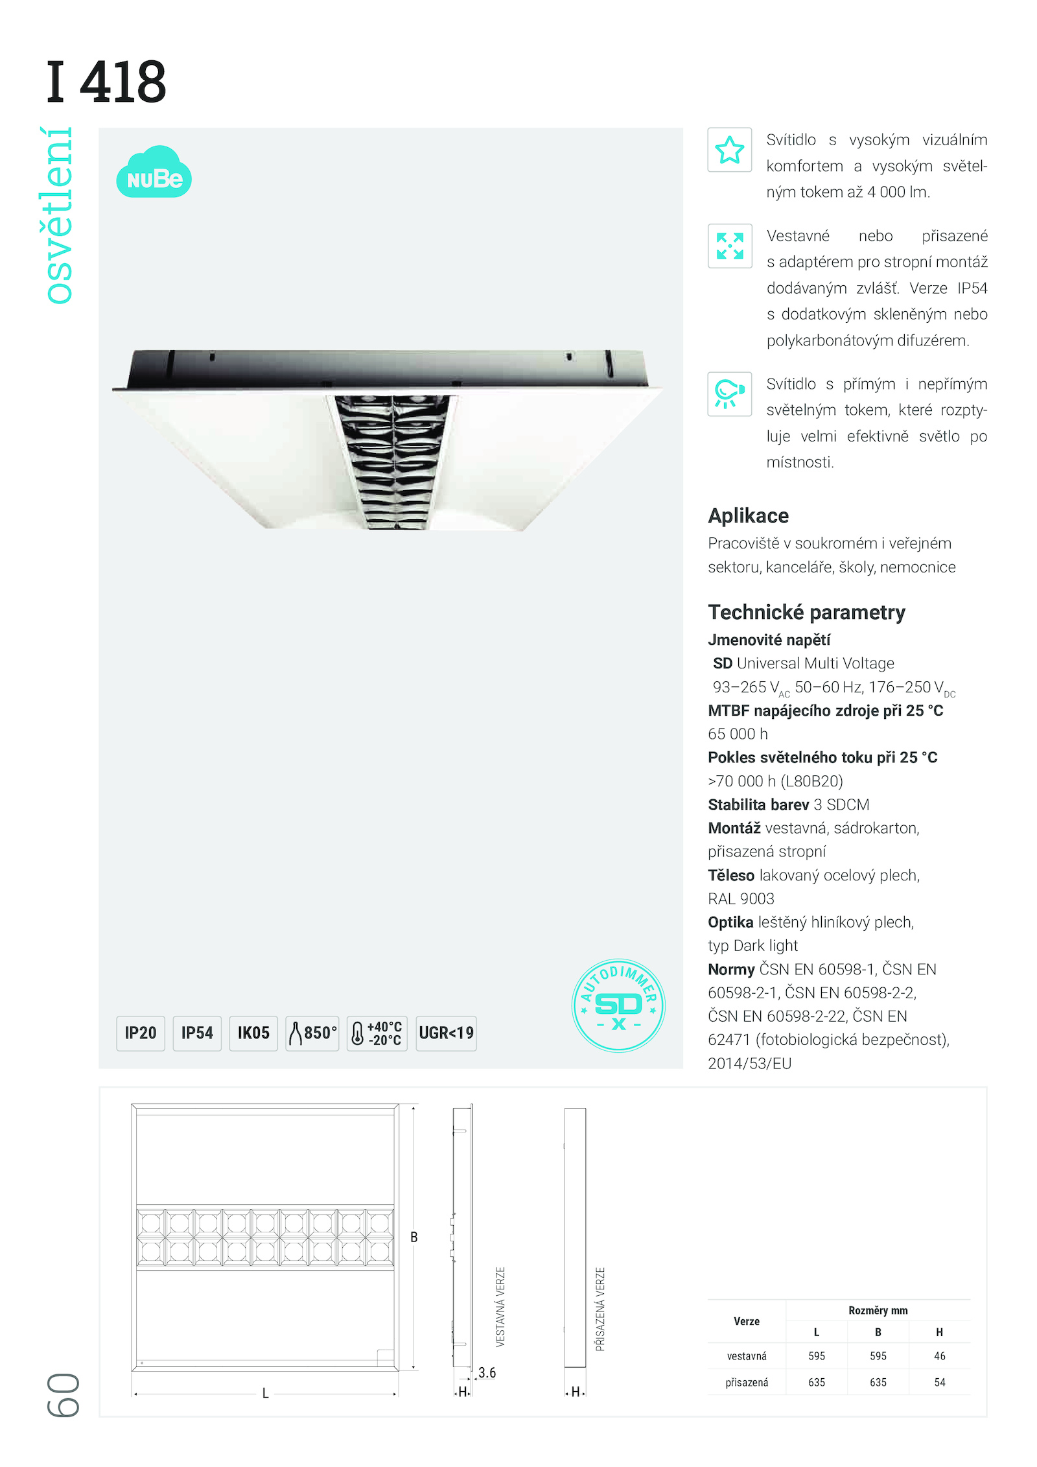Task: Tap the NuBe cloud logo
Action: (154, 173)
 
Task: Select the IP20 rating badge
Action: (141, 1033)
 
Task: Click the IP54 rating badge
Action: (197, 1033)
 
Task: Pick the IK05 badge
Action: (253, 1033)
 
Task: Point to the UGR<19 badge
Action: (446, 1033)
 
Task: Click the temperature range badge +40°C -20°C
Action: (377, 1033)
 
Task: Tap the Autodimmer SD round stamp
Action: (618, 1005)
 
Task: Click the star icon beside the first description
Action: (730, 150)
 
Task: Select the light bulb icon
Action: (730, 393)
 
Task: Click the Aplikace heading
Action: (748, 515)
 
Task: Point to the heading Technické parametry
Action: (806, 612)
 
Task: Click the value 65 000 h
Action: (738, 734)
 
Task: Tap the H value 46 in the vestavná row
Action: (939, 1356)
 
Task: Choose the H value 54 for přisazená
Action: (939, 1382)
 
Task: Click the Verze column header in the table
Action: (747, 1321)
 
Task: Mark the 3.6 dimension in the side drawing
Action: (487, 1372)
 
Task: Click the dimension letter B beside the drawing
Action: (414, 1237)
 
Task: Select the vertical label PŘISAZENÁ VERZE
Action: (600, 1309)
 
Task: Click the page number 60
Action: (64, 1394)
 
